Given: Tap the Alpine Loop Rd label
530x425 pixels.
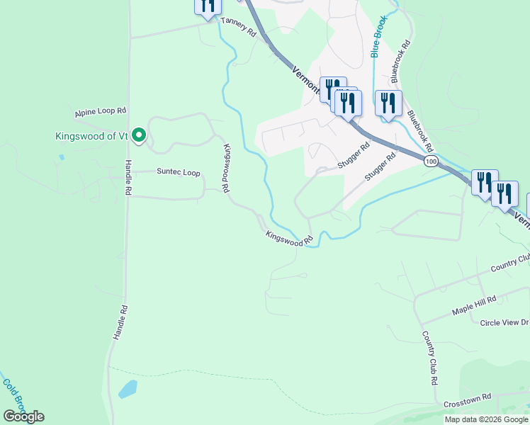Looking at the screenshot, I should (x=100, y=112).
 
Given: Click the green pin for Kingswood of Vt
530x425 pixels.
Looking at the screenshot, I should (x=140, y=135).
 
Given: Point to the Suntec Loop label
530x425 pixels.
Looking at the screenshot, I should (x=179, y=173).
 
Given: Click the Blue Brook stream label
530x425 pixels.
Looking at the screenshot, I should (x=378, y=37).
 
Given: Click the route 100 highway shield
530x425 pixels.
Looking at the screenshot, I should (x=431, y=162).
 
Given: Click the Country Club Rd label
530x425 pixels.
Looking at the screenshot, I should (x=429, y=358).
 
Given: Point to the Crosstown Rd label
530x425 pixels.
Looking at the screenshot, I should (x=467, y=401).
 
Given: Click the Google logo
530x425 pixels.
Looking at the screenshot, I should (x=23, y=416).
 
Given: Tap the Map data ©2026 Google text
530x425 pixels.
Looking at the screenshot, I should (x=486, y=419).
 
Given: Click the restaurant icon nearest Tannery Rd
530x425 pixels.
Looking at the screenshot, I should (x=208, y=6).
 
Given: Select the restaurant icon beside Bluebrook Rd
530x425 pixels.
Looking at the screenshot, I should (x=388, y=103).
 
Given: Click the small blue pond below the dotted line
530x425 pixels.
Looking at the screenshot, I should (x=128, y=389).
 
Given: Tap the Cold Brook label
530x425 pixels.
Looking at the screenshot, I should (x=13, y=394).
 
